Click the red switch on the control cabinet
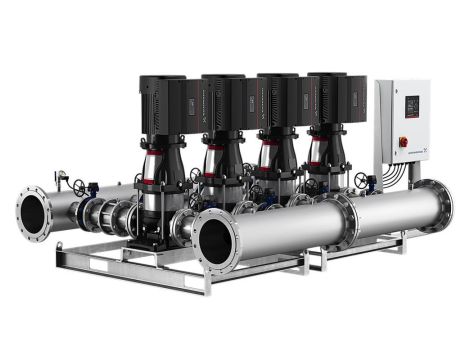click(x=403, y=142)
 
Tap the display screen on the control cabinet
click(x=410, y=105)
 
